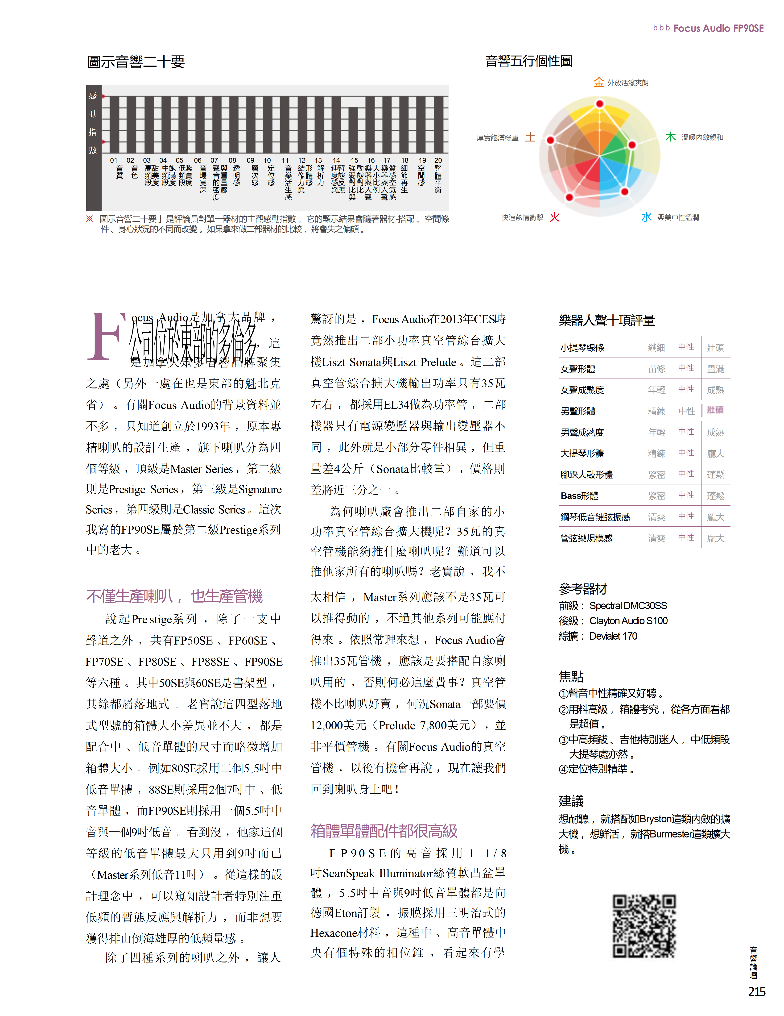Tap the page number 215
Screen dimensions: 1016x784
[757, 992]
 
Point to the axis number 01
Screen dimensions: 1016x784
[114, 161]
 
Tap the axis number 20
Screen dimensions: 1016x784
[438, 161]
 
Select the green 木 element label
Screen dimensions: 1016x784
[671, 137]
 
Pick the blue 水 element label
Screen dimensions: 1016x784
[646, 217]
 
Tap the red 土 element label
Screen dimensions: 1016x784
[530, 137]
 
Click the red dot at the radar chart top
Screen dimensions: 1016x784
[600, 103]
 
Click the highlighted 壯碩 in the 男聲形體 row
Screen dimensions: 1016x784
[715, 410]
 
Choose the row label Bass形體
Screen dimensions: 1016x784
[579, 496]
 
